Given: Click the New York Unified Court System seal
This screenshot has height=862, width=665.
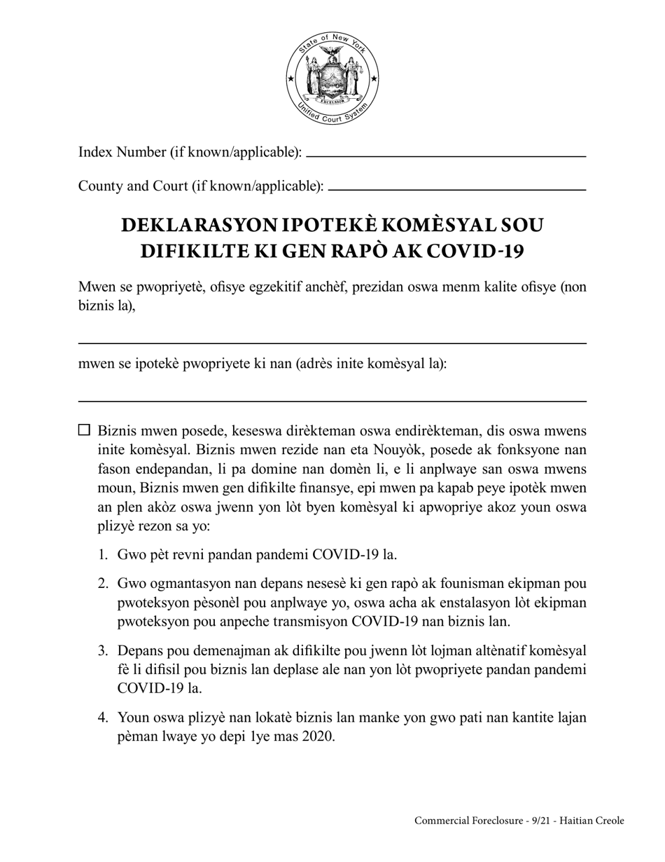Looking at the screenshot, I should (332, 79).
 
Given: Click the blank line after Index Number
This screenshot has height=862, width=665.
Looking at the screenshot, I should (446, 156).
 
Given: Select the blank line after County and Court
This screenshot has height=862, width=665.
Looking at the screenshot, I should (456, 189).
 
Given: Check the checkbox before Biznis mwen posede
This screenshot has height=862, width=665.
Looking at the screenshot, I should (84, 430).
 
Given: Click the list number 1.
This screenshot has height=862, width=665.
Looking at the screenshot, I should (103, 555).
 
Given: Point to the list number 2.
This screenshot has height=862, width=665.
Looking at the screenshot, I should (103, 584).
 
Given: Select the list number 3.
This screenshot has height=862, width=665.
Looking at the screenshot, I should (103, 651).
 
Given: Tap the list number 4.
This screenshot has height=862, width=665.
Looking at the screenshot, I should (103, 718).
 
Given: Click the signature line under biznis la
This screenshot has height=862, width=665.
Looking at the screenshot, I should (332, 343).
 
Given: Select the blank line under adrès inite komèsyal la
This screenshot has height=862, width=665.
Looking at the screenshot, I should (332, 401).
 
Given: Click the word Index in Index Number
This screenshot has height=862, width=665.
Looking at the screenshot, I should (94, 152).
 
